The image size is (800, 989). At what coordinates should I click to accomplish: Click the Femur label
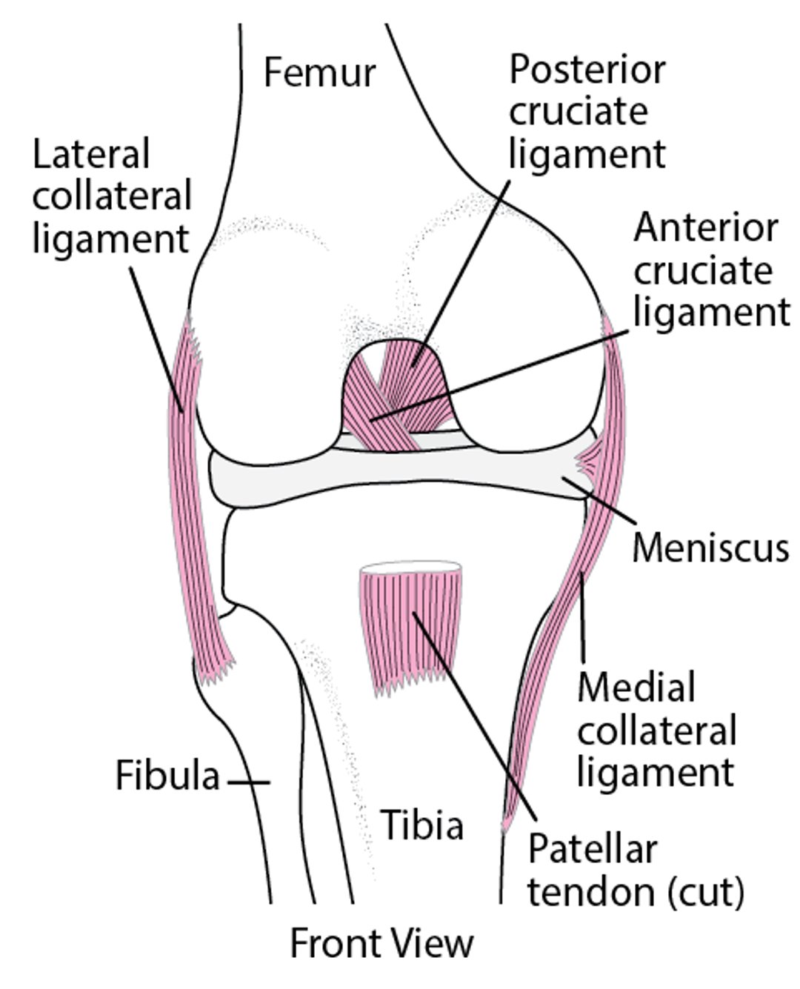click(320, 74)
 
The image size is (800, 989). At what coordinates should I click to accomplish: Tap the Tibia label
click(422, 824)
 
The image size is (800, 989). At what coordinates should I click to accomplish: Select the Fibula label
click(168, 777)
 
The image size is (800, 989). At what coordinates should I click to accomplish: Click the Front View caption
click(381, 944)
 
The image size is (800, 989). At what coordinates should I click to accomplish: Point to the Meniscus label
click(710, 548)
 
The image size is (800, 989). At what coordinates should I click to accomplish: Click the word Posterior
click(587, 70)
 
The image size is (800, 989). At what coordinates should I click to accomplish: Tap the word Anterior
click(705, 228)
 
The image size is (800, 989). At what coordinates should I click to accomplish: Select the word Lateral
click(91, 154)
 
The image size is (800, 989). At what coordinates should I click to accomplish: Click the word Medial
click(636, 687)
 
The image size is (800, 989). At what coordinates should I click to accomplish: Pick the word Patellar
click(592, 849)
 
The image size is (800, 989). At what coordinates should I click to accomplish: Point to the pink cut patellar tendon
click(411, 630)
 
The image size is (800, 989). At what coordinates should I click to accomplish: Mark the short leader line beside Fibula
click(248, 782)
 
